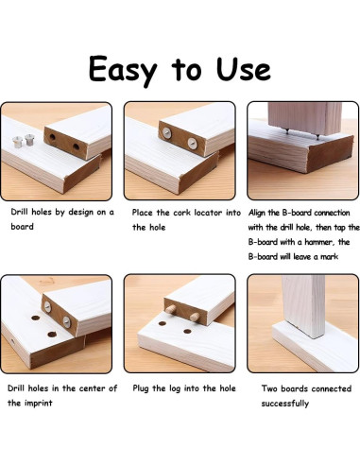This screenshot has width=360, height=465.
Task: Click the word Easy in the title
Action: (x=123, y=70)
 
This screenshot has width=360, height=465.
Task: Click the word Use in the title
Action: (x=243, y=69)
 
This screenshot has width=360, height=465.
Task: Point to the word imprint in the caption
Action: (x=38, y=404)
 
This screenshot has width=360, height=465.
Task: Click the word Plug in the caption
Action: (x=141, y=388)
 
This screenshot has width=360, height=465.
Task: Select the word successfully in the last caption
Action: (x=284, y=404)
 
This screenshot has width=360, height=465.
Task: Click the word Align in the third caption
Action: (x=257, y=214)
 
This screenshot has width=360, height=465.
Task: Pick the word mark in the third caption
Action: (x=330, y=257)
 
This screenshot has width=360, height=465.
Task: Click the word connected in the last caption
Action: (x=330, y=388)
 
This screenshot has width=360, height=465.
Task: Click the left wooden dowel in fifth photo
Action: (x=171, y=309)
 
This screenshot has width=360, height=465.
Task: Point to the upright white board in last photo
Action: (x=304, y=306)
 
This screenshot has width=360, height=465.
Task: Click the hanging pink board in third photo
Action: (x=304, y=118)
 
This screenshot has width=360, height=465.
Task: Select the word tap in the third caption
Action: (x=340, y=228)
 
